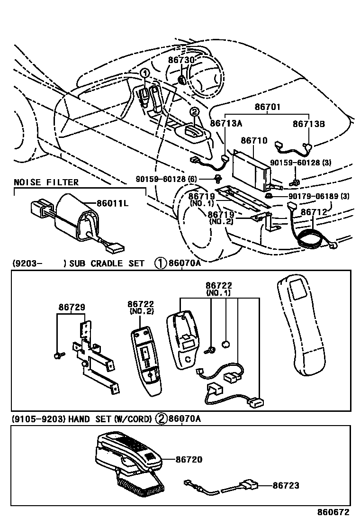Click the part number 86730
pyautogui.click(x=181, y=60)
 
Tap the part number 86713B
pyautogui.click(x=308, y=124)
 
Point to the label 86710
pyautogui.click(x=254, y=141)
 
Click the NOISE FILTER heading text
pyautogui.click(x=46, y=182)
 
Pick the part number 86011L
pyautogui.click(x=113, y=203)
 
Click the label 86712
pyautogui.click(x=314, y=212)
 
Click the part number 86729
pyautogui.click(x=72, y=307)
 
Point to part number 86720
pyautogui.click(x=189, y=459)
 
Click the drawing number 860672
pyautogui.click(x=333, y=513)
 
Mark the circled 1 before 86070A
pyautogui.click(x=160, y=263)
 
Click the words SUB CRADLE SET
pyautogui.click(x=107, y=263)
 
